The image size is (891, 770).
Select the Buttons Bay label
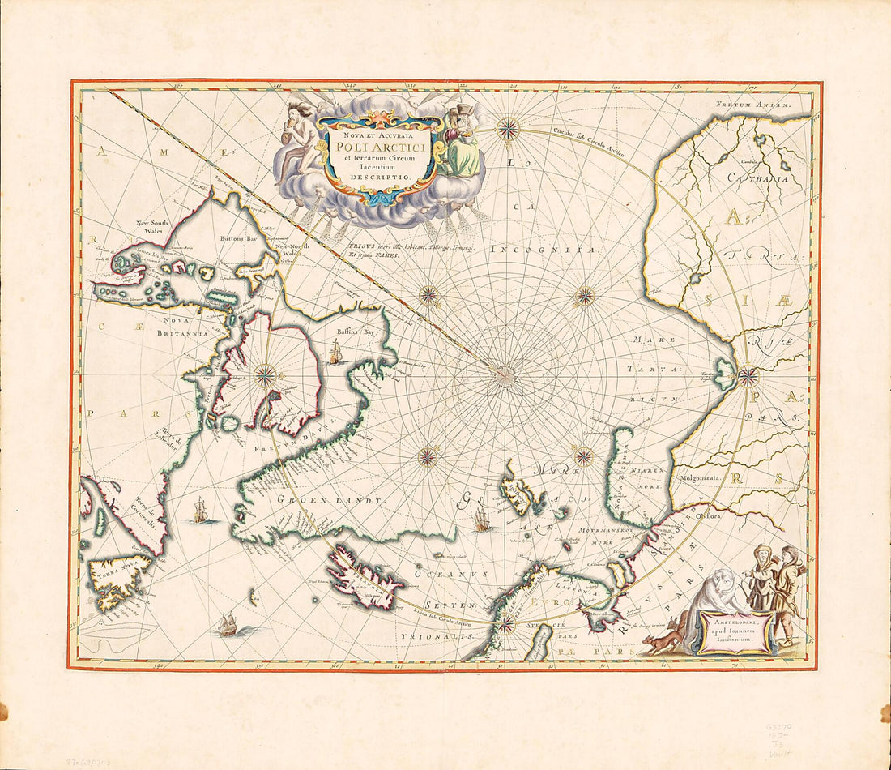pyautogui.click(x=239, y=239)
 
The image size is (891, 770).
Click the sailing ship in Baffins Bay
pyautogui.click(x=335, y=353)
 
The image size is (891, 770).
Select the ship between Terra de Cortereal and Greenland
pyautogui.click(x=200, y=511)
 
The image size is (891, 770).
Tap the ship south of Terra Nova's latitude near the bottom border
pyautogui.click(x=227, y=624)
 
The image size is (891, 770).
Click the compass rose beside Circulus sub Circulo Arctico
pyautogui.click(x=508, y=128)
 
